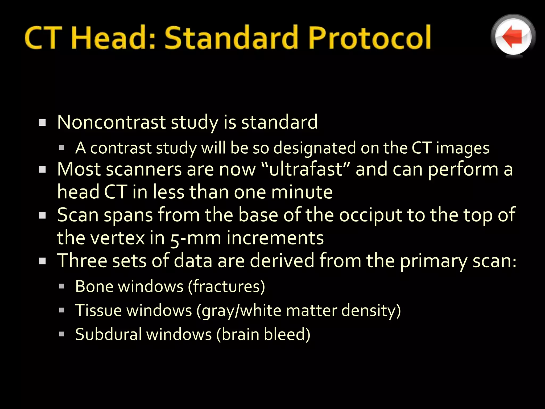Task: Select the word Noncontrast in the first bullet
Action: click(112, 122)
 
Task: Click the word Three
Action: click(82, 261)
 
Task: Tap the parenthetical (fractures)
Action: click(226, 287)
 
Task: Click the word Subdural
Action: click(108, 334)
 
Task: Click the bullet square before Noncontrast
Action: click(42, 123)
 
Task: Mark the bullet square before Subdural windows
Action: click(62, 334)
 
